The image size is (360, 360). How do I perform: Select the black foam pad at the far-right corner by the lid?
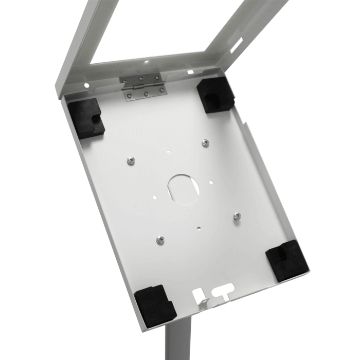214,94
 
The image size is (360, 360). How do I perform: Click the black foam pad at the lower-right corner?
287,260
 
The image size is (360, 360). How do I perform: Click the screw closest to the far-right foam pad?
205,143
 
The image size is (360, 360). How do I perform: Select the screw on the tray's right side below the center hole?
237,217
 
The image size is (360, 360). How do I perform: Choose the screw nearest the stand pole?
160,240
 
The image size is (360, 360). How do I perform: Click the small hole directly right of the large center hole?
210,181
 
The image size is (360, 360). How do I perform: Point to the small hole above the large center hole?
169,152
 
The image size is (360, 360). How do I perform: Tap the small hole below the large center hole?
199,225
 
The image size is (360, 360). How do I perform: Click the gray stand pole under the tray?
178,339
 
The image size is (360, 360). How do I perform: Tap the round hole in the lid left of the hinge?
86,85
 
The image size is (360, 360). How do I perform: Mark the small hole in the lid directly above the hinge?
146,63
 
